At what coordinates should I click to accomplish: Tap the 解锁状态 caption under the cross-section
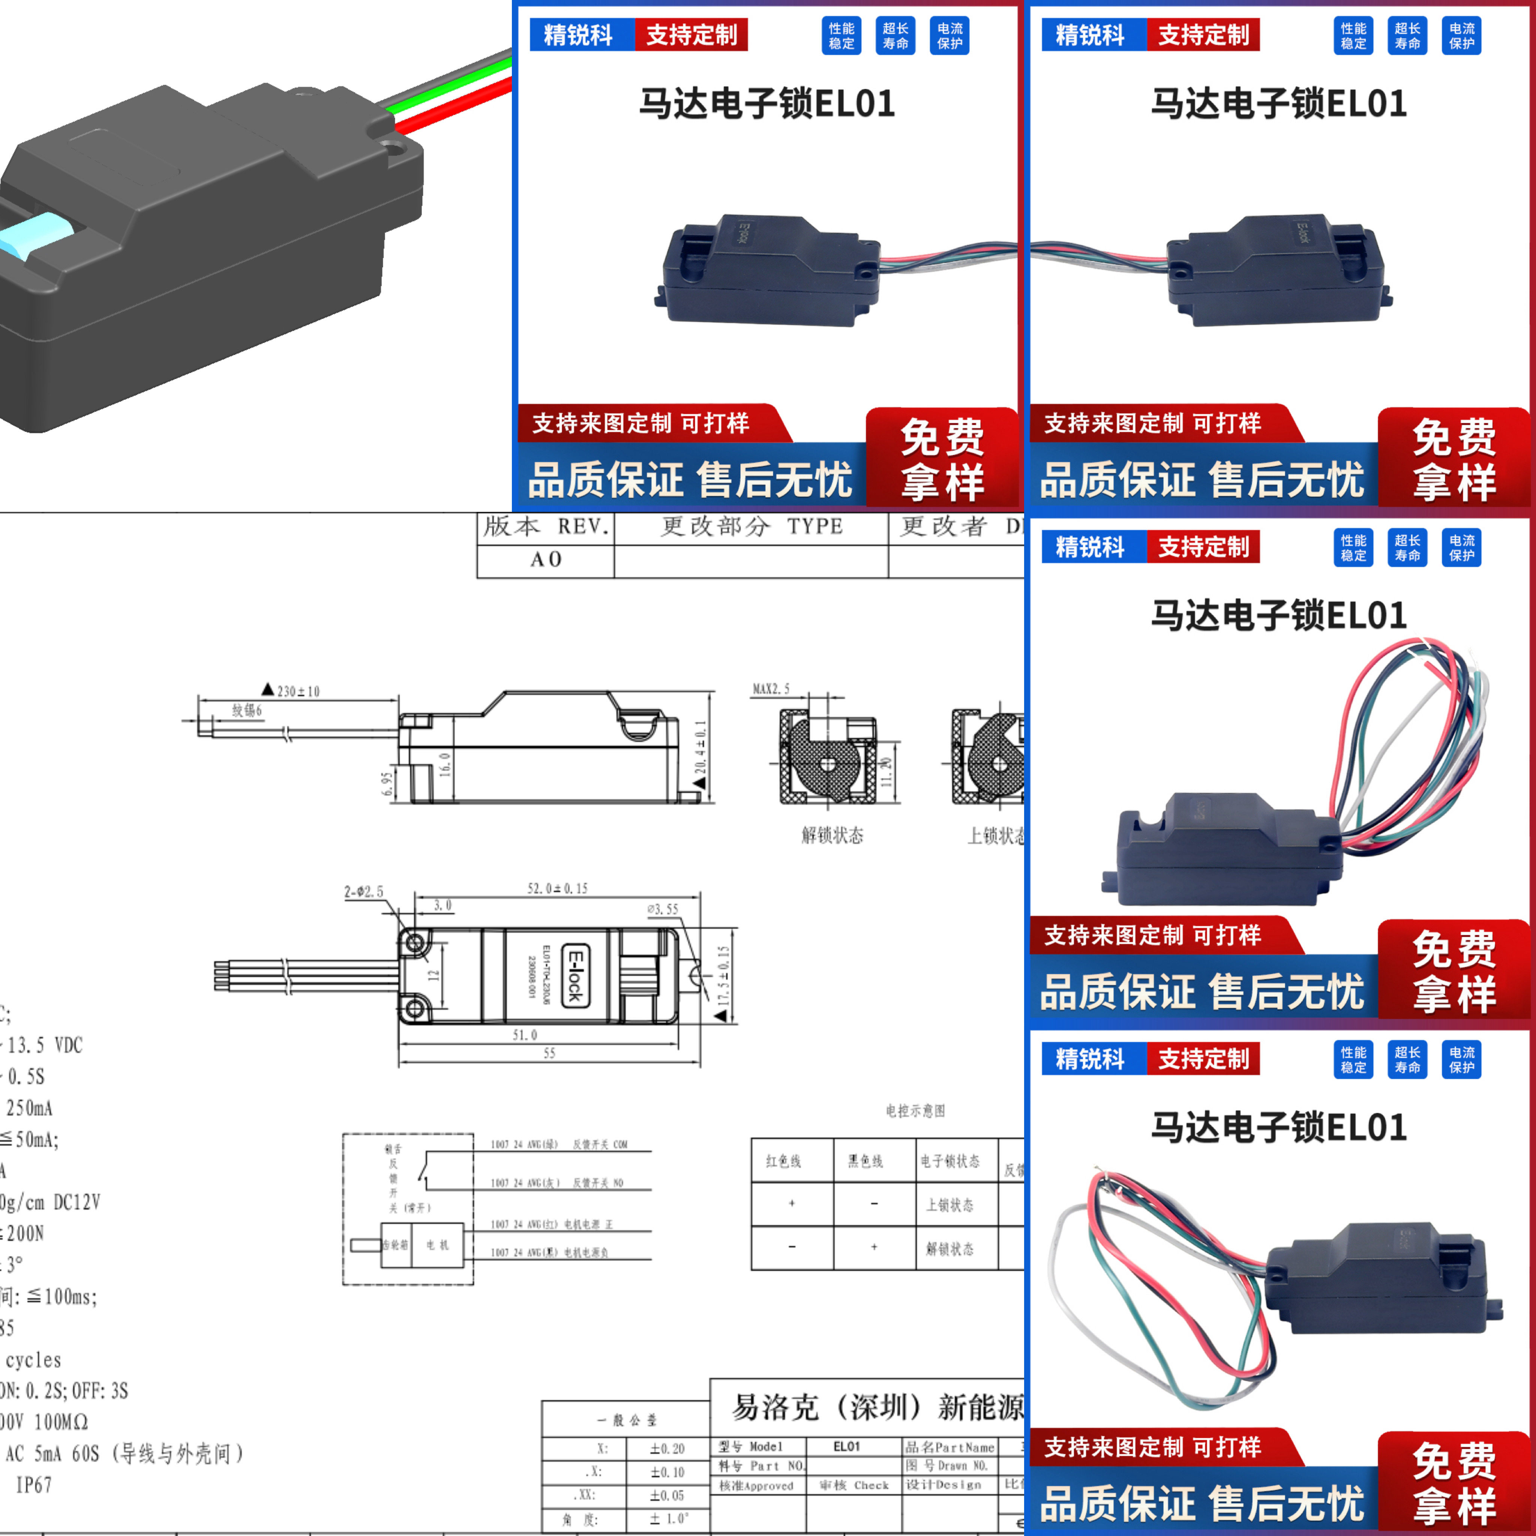(x=832, y=835)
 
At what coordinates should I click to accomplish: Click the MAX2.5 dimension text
(x=771, y=688)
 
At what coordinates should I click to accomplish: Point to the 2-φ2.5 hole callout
(x=363, y=892)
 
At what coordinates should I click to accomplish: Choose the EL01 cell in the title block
(x=847, y=1446)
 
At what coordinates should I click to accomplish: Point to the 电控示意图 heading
(x=915, y=1111)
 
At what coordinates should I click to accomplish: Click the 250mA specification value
(x=29, y=1107)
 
